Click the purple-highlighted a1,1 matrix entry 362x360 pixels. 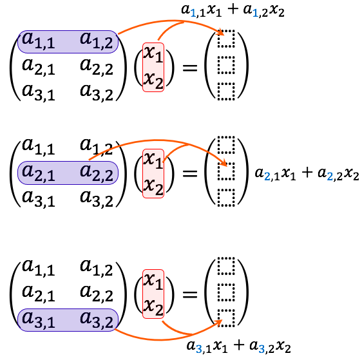(x=38, y=41)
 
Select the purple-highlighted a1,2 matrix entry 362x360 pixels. (x=97, y=41)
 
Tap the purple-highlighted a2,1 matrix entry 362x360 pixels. (x=38, y=173)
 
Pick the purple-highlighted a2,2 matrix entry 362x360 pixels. (x=97, y=173)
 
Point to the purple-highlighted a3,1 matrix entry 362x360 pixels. (x=38, y=320)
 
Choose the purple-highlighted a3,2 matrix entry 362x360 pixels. (x=97, y=320)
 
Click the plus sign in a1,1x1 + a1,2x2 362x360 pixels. (x=233, y=10)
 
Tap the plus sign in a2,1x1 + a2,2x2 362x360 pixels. (x=307, y=173)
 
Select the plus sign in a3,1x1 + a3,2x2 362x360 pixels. (x=239, y=345)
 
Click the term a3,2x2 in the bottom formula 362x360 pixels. (x=270, y=346)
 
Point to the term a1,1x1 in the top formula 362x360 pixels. (x=202, y=11)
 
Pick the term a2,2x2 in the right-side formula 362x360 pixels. (x=338, y=174)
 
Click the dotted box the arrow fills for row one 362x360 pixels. (x=226, y=39)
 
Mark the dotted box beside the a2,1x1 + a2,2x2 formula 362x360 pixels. (x=226, y=171)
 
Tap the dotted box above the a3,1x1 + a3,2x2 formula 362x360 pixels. (x=226, y=318)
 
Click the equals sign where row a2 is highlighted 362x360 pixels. (x=190, y=173)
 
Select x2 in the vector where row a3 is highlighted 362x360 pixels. (x=153, y=307)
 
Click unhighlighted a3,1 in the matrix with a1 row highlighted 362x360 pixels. (x=38, y=93)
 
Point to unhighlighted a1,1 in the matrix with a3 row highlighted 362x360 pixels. (x=38, y=268)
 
